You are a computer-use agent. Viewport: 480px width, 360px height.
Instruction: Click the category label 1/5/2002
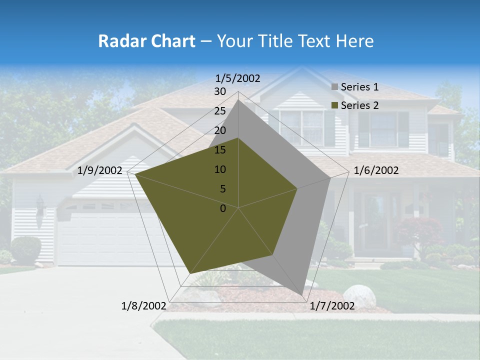click(238, 78)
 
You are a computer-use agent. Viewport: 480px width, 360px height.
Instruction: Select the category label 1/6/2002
click(376, 170)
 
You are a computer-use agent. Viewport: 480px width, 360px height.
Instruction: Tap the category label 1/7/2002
click(332, 306)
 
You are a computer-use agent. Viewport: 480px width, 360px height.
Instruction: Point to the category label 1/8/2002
click(143, 306)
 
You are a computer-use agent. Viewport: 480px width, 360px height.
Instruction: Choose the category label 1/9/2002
click(100, 170)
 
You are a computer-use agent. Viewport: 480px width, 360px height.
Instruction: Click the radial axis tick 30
click(220, 91)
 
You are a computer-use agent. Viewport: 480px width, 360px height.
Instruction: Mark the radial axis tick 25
click(220, 111)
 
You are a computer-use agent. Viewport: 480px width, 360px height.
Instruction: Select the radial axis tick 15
click(220, 150)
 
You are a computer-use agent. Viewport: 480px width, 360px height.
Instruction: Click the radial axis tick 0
click(223, 208)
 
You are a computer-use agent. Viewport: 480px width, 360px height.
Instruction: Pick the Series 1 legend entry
click(355, 87)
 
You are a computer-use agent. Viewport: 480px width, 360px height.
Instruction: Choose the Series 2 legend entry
click(355, 105)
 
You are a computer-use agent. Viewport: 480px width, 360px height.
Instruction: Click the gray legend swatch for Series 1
click(334, 87)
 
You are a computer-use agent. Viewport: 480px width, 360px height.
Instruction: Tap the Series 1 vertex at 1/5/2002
click(238, 99)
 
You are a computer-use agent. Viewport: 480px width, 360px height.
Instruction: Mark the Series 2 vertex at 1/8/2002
click(190, 274)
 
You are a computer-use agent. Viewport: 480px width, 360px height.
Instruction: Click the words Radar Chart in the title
click(146, 41)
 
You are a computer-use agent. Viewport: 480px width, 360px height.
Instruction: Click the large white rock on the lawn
click(359, 296)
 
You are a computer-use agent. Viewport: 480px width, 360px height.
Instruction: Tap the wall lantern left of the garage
click(40, 205)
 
